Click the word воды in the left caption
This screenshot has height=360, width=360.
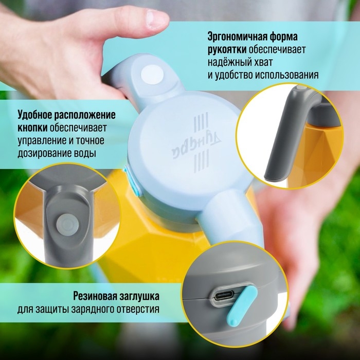(85, 153)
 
